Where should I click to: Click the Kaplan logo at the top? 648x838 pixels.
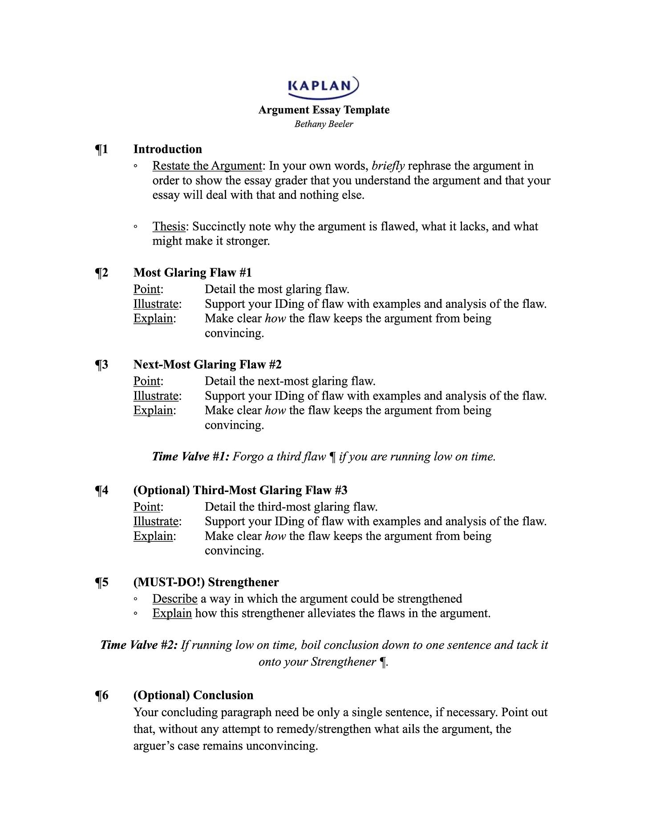323,86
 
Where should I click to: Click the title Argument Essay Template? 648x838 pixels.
324,110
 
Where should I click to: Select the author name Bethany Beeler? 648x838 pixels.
324,124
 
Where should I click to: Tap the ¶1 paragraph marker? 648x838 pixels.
102,149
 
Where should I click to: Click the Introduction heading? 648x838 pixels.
167,149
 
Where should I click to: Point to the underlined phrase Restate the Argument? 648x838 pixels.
207,166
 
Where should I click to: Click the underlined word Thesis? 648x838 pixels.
169,226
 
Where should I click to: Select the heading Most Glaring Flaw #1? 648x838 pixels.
192,273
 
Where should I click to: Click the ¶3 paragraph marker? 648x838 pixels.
102,365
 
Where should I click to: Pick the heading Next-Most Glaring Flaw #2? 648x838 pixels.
207,365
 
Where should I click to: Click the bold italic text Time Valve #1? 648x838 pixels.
190,457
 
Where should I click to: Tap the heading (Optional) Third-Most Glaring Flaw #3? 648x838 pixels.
240,490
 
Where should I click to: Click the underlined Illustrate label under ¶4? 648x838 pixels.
156,521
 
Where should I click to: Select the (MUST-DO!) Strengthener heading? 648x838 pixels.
206,582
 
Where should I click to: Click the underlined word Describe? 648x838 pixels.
174,599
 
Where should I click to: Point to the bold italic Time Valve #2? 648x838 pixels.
139,645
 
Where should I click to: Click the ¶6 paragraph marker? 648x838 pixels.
102,696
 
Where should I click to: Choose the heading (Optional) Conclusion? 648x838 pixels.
193,696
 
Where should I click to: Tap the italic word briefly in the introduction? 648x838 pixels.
388,166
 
